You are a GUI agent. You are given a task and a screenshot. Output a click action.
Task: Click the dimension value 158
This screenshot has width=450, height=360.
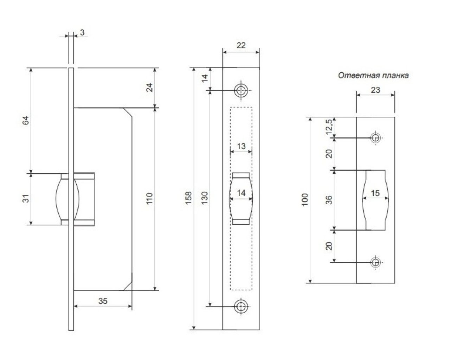coord(188,198)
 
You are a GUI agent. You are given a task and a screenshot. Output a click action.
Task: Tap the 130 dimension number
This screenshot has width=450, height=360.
coord(205,198)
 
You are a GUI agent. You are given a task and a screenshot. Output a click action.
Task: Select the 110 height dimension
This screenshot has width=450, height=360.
coord(149,199)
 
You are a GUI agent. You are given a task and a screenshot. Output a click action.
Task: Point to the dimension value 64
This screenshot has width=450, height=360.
coord(26,120)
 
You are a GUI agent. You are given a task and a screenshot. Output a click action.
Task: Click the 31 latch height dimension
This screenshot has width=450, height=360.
coord(26,198)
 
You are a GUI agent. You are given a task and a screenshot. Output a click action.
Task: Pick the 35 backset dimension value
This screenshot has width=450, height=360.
coord(103,301)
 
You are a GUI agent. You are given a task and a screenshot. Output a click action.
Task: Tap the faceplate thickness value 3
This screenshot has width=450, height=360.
coord(82,32)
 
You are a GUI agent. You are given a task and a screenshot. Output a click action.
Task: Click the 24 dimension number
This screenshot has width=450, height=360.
coord(149,88)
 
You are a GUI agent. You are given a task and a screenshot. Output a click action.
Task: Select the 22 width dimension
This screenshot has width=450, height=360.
coord(241,45)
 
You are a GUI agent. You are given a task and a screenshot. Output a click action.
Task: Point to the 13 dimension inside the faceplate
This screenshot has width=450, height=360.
coord(241,146)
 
